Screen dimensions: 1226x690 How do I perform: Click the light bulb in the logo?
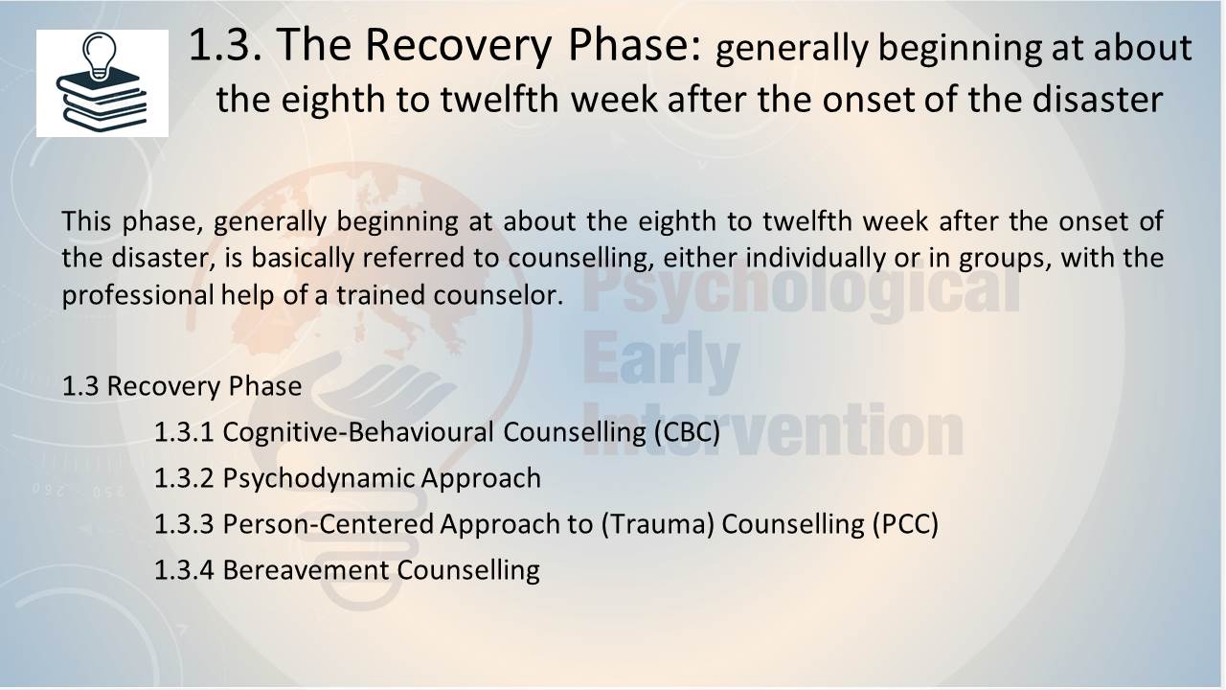click(99, 56)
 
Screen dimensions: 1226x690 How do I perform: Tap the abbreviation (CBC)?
click(688, 431)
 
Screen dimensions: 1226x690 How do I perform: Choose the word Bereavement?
click(306, 569)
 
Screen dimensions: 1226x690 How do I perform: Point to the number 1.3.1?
click(184, 431)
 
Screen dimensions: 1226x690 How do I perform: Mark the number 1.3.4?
click(184, 569)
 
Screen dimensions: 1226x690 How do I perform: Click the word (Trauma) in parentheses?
click(658, 523)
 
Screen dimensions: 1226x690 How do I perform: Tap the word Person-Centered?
click(329, 523)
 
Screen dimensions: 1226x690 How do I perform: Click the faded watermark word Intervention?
click(773, 429)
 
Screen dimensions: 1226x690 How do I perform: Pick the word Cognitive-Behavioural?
click(358, 431)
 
